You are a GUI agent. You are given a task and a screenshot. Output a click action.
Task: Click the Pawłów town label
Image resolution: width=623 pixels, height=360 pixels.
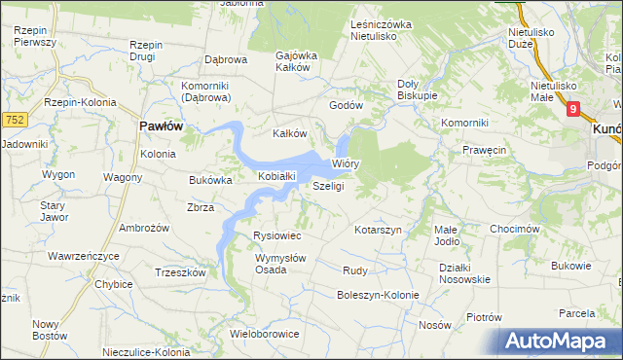coord(162,126)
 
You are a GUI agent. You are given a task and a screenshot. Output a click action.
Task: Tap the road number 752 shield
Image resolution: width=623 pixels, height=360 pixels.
coord(14,119)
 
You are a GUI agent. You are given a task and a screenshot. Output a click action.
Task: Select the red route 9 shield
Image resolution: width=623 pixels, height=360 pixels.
coord(573,109)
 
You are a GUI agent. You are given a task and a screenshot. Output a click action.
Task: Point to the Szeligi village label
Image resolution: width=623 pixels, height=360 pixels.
coord(329,186)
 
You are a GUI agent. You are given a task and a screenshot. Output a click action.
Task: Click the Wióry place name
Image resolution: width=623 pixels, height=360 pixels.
coord(346,164)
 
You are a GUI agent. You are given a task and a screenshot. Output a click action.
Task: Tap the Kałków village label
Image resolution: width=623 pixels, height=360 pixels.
coord(289,133)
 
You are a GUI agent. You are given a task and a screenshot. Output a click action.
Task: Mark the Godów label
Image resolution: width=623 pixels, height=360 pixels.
coord(346,105)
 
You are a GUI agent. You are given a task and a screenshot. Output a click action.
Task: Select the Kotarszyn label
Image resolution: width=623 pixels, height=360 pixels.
coord(379,230)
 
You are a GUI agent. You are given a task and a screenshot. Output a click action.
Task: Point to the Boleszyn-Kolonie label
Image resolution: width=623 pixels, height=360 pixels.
coord(378,295)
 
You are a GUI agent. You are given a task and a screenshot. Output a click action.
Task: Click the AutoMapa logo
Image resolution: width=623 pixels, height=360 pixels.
coord(556,342)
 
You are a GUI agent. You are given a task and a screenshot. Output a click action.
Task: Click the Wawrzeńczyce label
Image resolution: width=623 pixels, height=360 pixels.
coord(83,256)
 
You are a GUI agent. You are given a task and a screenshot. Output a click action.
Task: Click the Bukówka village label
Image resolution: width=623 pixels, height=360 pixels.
coord(209,180)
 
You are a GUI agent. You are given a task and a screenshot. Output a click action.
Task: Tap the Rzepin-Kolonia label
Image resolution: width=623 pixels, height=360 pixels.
coord(80,102)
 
